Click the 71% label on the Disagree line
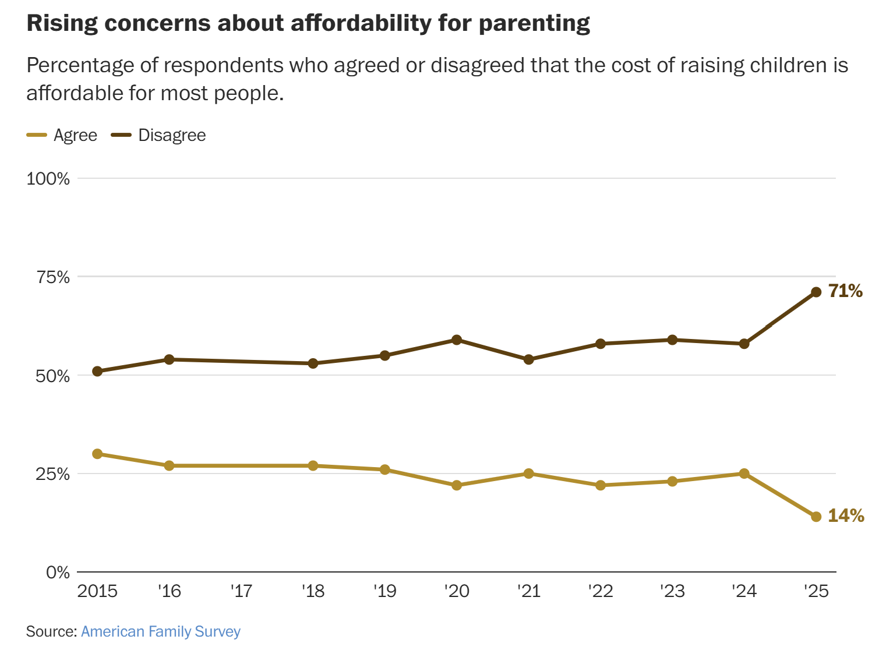pyautogui.click(x=845, y=291)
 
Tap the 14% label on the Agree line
pyautogui.click(x=846, y=515)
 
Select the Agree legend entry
pyautogui.click(x=62, y=135)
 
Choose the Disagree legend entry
pyautogui.click(x=158, y=135)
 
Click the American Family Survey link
pyautogui.click(x=160, y=631)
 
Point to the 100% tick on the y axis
pyautogui.click(x=48, y=179)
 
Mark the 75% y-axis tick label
pyautogui.click(x=52, y=277)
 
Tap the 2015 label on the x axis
pyautogui.click(x=97, y=591)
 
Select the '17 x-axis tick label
pyautogui.click(x=241, y=591)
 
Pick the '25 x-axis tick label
pyautogui.click(x=816, y=591)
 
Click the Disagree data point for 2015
pyautogui.click(x=97, y=371)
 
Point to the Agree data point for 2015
pyautogui.click(x=97, y=454)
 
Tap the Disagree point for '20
pyautogui.click(x=457, y=340)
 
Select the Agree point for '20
pyautogui.click(x=457, y=485)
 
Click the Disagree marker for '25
pyautogui.click(x=816, y=292)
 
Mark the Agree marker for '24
pyautogui.click(x=744, y=474)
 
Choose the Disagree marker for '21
pyautogui.click(x=528, y=359)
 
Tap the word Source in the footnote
pyautogui.click(x=50, y=631)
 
